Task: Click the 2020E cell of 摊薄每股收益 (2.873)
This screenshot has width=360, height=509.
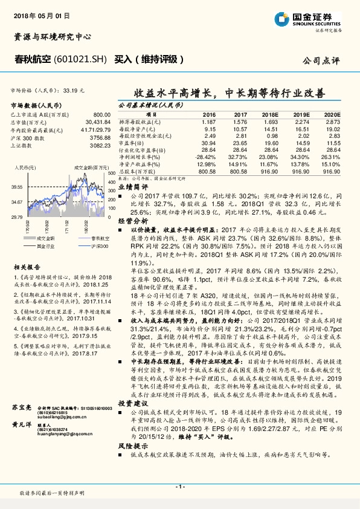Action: click(x=333, y=121)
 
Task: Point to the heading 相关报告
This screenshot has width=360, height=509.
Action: click(x=28, y=266)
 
